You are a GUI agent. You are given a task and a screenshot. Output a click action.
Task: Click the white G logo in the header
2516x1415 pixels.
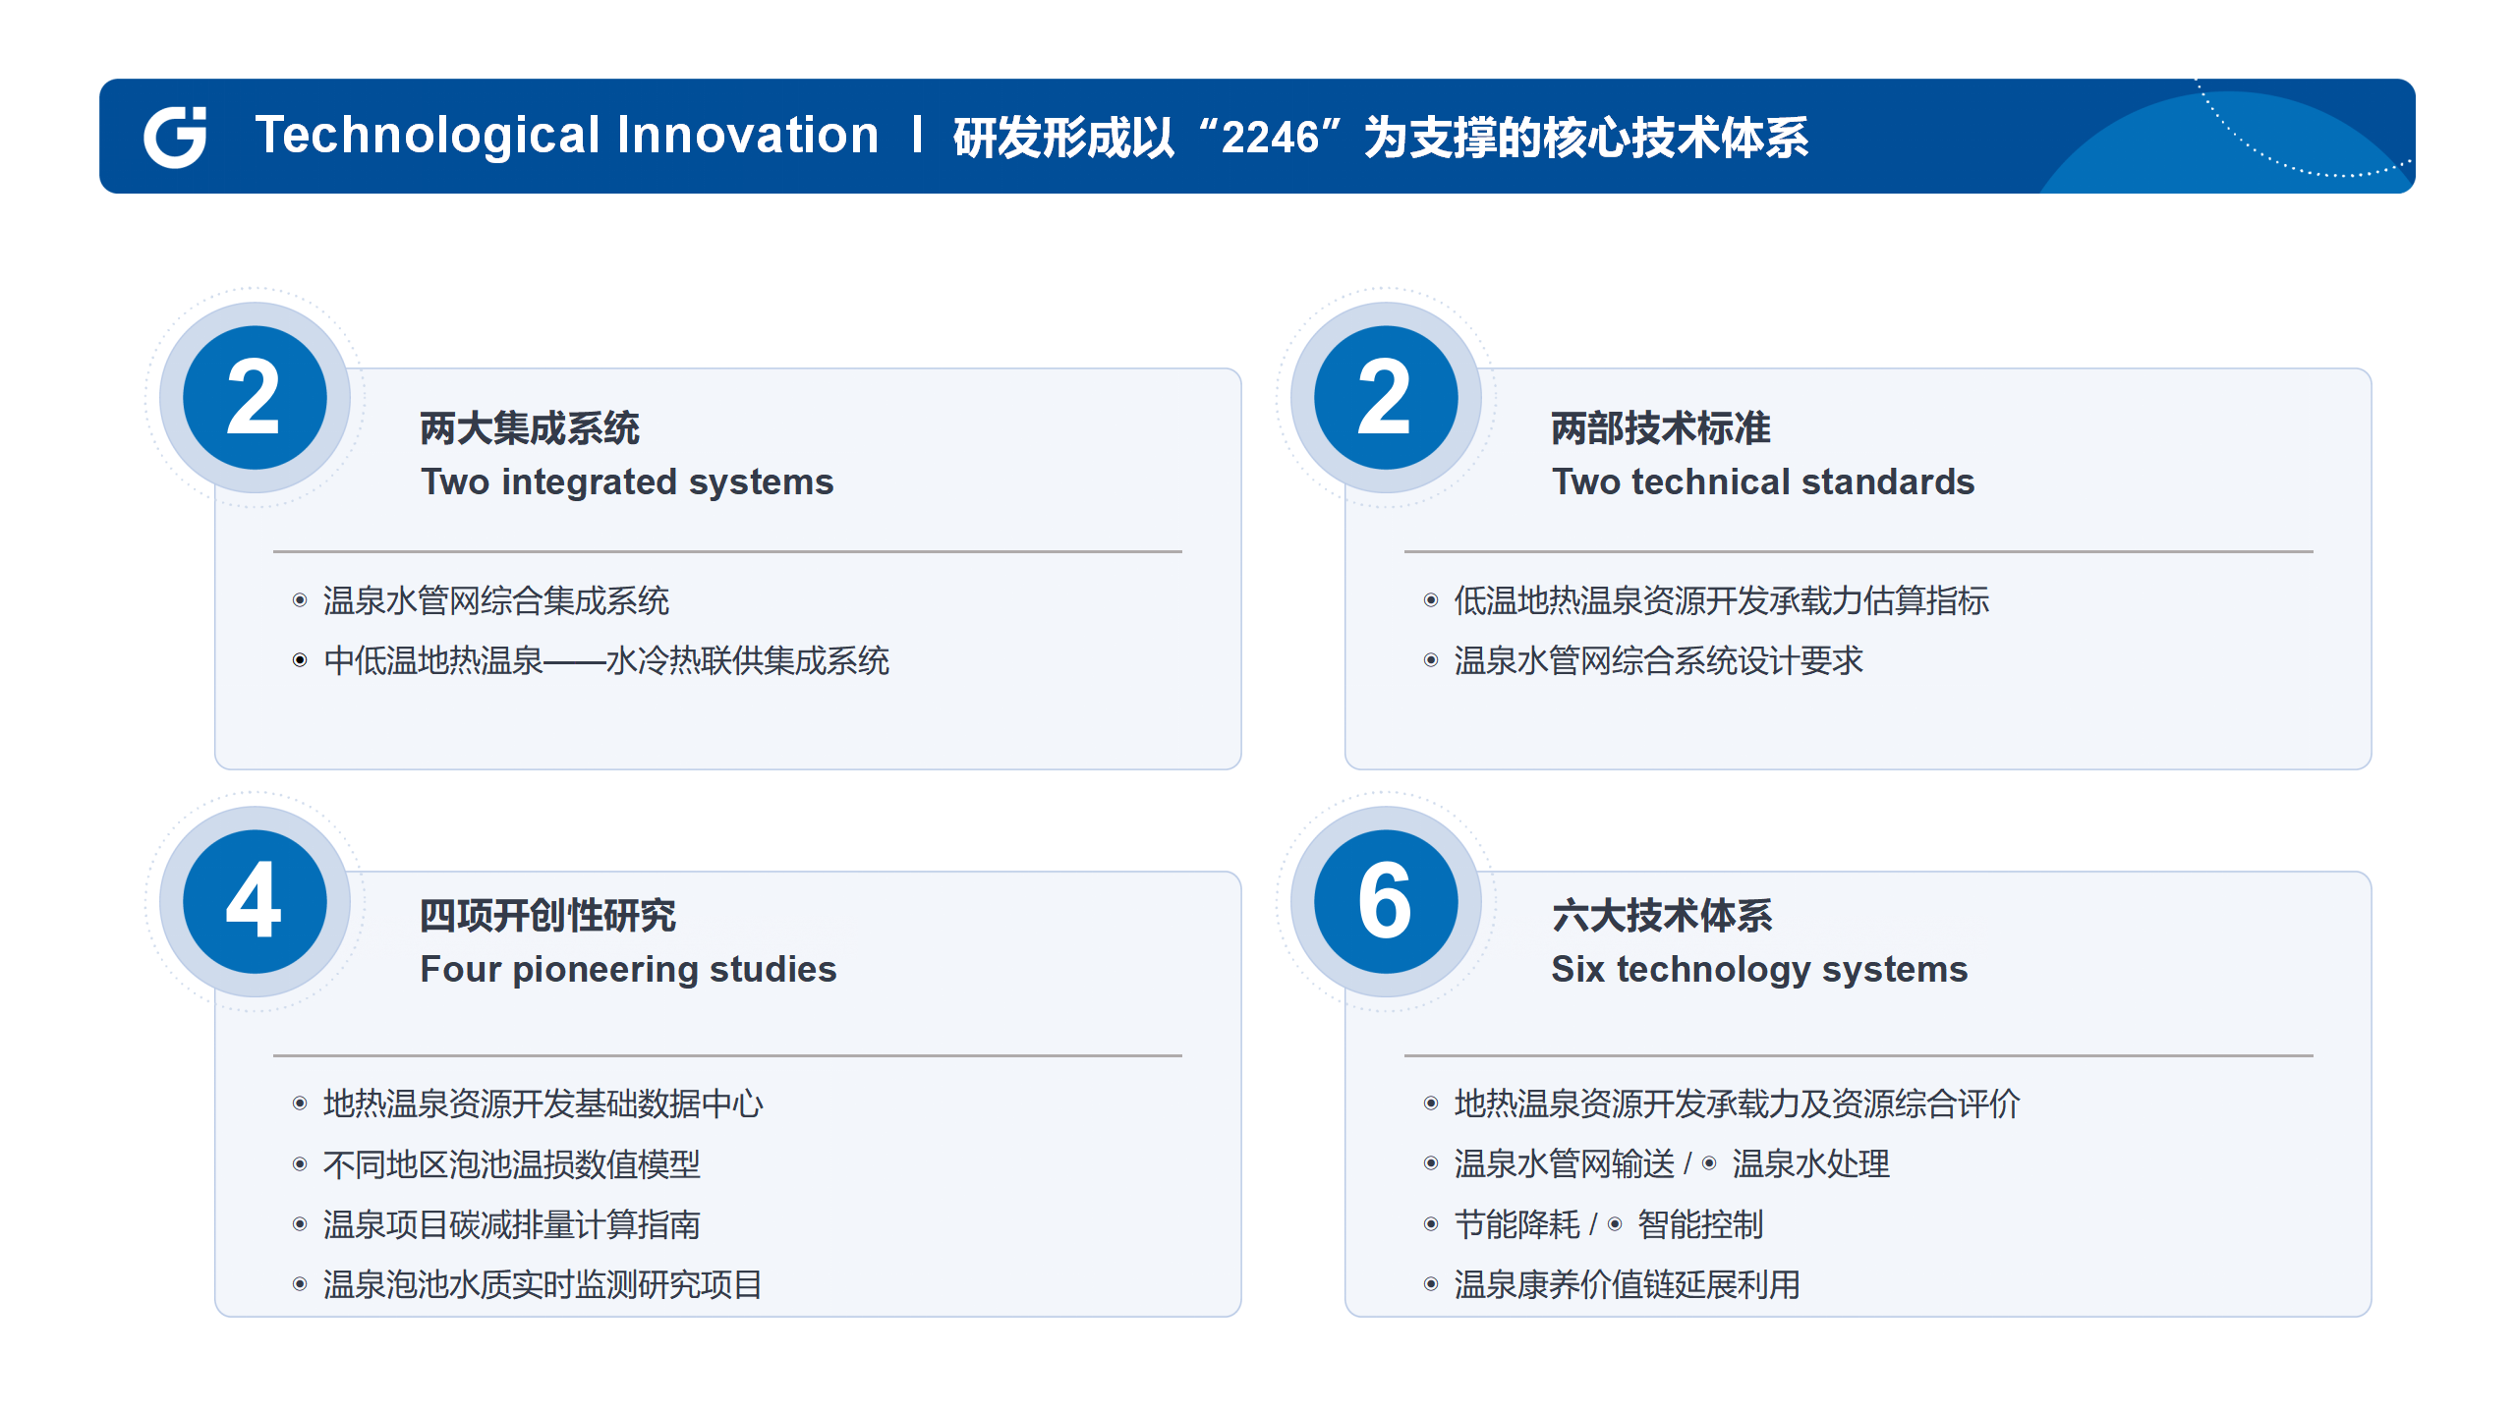175,137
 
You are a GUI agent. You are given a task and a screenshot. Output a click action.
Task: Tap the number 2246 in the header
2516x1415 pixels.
1269,138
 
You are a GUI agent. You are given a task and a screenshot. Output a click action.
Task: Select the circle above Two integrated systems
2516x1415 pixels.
256,397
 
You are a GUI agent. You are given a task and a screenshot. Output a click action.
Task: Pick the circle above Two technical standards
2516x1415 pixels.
1386,397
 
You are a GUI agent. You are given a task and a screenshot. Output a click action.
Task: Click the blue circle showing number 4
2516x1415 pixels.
256,901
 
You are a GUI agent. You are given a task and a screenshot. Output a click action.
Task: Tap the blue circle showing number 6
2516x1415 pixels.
1386,901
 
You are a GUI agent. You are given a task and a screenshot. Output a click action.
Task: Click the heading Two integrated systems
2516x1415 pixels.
627,482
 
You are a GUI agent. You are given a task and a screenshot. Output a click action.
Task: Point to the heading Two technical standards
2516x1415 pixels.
1763,482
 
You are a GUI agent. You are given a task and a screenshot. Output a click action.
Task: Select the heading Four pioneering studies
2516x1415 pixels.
629,970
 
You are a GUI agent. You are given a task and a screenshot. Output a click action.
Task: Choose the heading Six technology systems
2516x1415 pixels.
1760,970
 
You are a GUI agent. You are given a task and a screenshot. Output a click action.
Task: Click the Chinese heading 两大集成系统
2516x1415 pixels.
530,428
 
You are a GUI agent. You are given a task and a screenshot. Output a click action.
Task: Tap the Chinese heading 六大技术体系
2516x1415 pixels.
1662,916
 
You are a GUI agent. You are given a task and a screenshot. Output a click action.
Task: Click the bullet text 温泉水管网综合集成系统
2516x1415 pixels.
496,600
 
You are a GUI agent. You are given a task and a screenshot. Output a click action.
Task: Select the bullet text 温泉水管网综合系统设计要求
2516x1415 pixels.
1659,660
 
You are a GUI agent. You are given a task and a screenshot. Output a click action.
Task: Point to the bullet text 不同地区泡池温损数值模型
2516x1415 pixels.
512,1164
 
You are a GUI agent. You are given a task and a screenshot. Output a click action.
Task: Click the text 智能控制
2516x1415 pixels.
1700,1224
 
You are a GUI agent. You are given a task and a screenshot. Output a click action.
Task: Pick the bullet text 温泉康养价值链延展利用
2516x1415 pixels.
1628,1284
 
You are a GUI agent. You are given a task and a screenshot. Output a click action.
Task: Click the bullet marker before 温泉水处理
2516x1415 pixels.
1710,1163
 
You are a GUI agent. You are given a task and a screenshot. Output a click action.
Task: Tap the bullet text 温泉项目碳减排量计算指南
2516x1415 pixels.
512,1224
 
